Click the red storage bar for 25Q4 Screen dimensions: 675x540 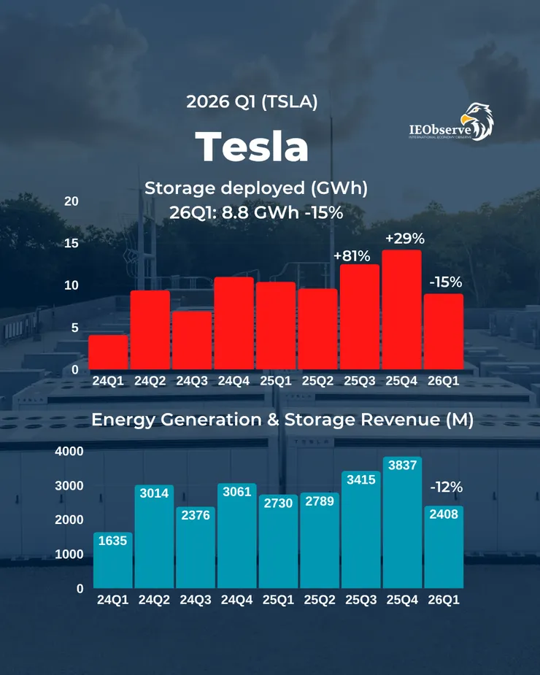(401, 309)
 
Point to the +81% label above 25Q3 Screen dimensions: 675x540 (352, 256)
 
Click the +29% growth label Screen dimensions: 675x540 (404, 239)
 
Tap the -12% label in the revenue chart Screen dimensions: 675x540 (446, 487)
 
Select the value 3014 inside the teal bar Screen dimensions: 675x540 (154, 493)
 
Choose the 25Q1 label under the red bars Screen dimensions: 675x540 (276, 380)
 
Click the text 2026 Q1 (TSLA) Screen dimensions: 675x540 (252, 101)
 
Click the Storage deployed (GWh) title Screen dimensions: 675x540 (255, 188)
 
